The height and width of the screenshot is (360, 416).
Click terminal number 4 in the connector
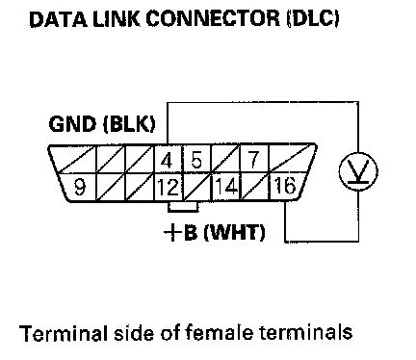(x=167, y=161)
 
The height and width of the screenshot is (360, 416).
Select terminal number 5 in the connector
(x=195, y=160)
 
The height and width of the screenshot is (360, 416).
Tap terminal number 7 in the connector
(x=253, y=160)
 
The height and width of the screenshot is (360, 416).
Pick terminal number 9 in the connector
(x=79, y=188)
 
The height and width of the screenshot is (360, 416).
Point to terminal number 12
(x=168, y=188)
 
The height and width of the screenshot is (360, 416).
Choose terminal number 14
(x=226, y=187)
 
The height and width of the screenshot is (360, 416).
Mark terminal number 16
(x=284, y=186)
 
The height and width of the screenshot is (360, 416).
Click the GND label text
(x=72, y=124)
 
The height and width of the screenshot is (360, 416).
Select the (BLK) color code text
(x=129, y=124)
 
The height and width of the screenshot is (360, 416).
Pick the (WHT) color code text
(x=235, y=232)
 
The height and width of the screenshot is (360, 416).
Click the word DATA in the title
(x=58, y=19)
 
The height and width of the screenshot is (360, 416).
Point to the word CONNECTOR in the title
(x=213, y=18)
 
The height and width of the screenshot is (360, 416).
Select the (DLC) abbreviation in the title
(x=313, y=19)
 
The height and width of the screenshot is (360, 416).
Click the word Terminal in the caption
(x=64, y=333)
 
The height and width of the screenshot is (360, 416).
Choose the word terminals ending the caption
(x=306, y=333)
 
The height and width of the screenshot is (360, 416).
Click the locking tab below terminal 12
(x=183, y=207)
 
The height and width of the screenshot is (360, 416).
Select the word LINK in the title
(x=117, y=19)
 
